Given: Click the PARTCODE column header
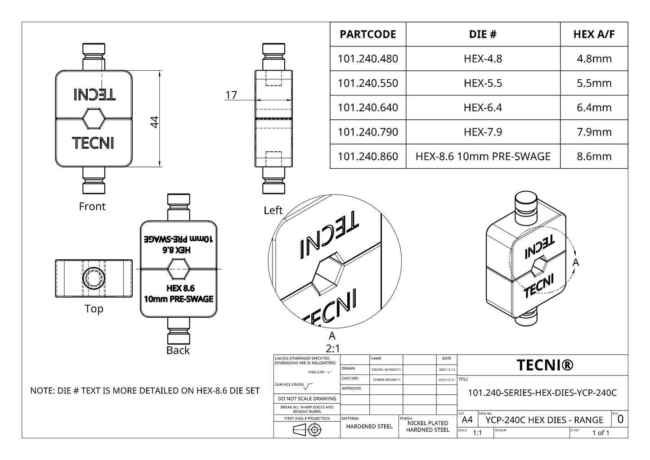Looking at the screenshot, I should pyautogui.click(x=368, y=34).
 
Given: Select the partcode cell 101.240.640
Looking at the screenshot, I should pyautogui.click(x=368, y=108).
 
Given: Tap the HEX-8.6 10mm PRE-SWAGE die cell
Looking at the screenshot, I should pyautogui.click(x=483, y=156).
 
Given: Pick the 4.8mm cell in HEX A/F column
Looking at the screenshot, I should pyautogui.click(x=594, y=59).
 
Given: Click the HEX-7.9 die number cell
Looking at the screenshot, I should pyautogui.click(x=483, y=132).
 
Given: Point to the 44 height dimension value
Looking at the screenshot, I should pyautogui.click(x=154, y=122).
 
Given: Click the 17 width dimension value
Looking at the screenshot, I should pyautogui.click(x=231, y=95).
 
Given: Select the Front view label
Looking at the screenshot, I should pyautogui.click(x=92, y=207).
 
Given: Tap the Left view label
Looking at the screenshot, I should pyautogui.click(x=273, y=210).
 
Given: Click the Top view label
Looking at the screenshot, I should pyautogui.click(x=94, y=309).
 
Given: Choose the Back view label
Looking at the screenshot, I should pyautogui.click(x=178, y=350).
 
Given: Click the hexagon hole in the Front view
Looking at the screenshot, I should pyautogui.click(x=94, y=119).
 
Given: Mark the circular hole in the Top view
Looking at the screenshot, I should pyautogui.click(x=94, y=278).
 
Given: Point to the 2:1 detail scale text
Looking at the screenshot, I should pyautogui.click(x=332, y=348).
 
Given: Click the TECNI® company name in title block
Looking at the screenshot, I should pyautogui.click(x=545, y=365).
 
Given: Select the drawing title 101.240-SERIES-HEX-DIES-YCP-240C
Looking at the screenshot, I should pyautogui.click(x=542, y=392).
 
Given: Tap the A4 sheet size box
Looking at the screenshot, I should pyautogui.click(x=467, y=420).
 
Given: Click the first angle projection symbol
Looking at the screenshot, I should pyautogui.click(x=307, y=430).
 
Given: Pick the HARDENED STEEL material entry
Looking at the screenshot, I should pyautogui.click(x=369, y=427).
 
